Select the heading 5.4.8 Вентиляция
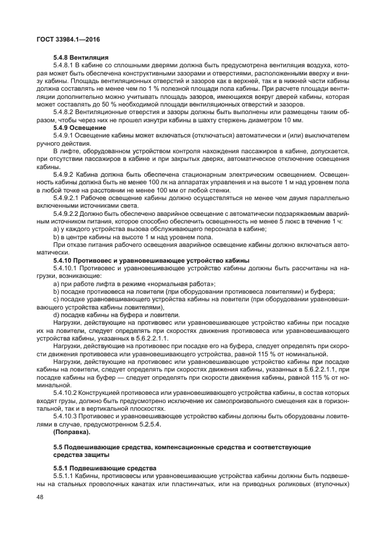[81, 58]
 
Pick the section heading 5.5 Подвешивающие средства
[181, 450]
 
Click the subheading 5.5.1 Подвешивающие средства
[105, 468]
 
